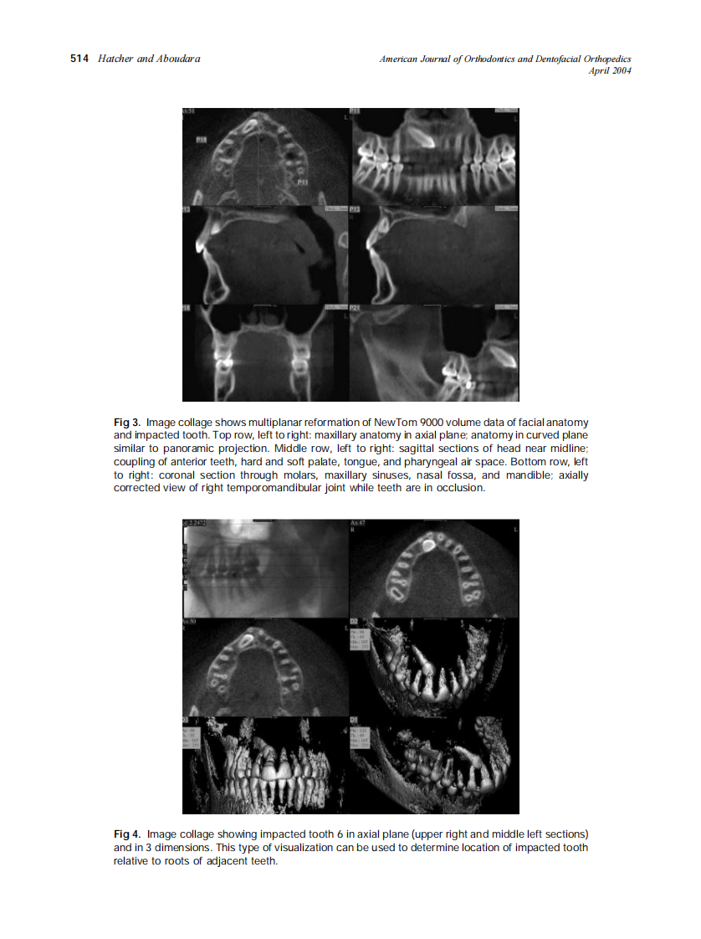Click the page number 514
[80, 59]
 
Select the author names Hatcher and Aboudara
[149, 59]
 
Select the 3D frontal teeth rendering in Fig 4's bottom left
[265, 765]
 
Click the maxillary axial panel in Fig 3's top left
[265, 156]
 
